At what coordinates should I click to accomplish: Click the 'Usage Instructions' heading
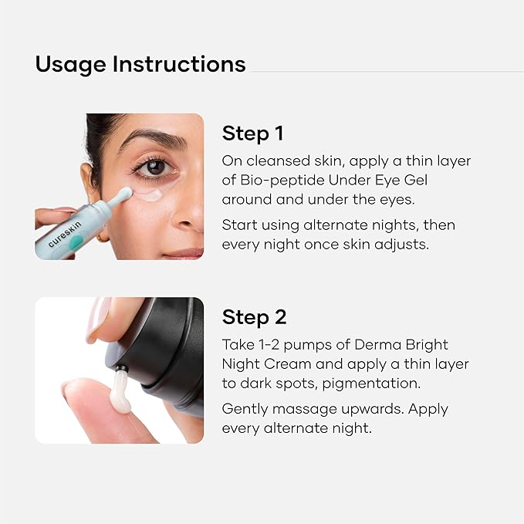click(140, 63)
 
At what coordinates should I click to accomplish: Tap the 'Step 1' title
click(253, 134)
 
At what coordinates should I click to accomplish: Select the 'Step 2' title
click(254, 317)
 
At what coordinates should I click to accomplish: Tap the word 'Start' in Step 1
click(239, 225)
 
